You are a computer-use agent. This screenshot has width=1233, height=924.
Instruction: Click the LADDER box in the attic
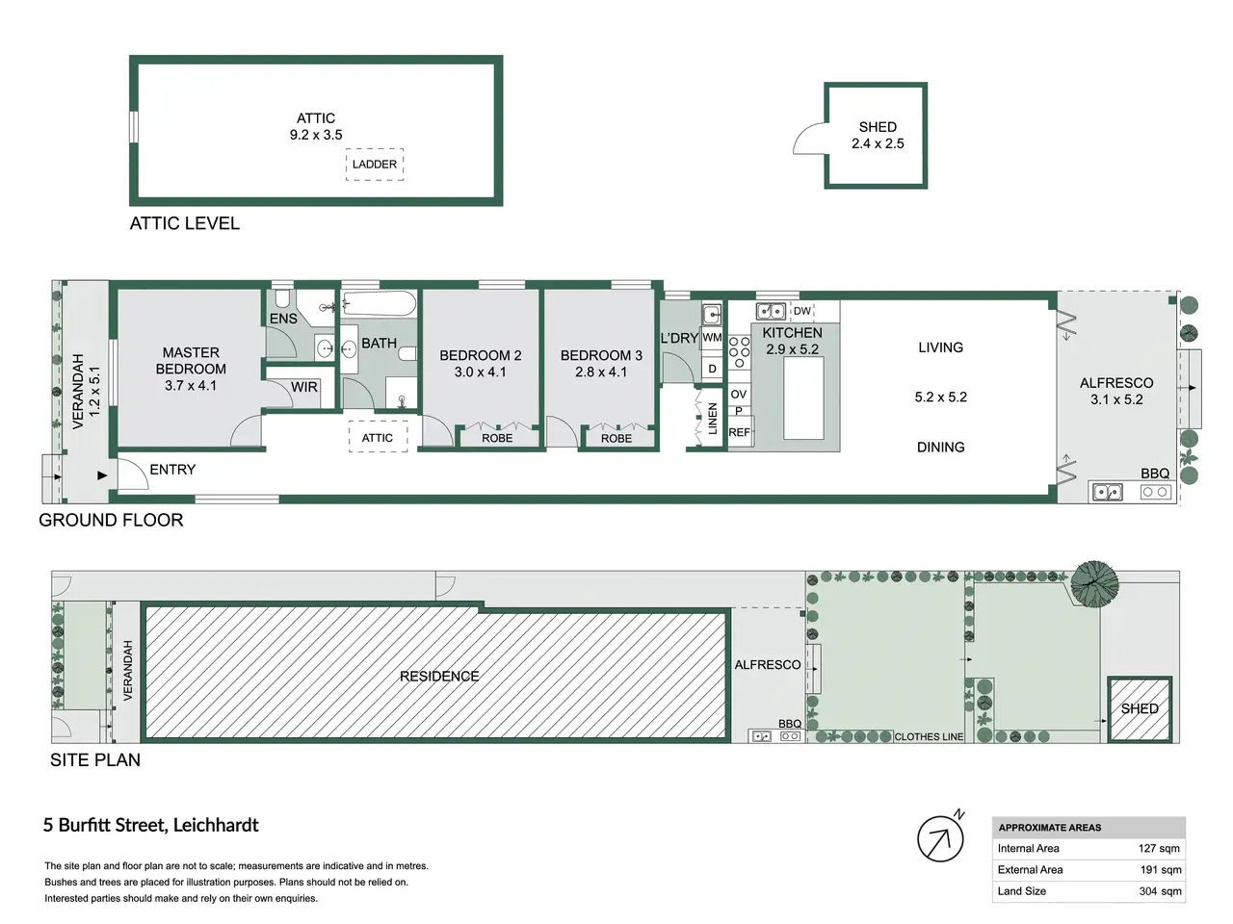pyautogui.click(x=374, y=165)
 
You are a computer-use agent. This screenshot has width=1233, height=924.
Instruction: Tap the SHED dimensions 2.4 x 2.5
pyautogui.click(x=878, y=143)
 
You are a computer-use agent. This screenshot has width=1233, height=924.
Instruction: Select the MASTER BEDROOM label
pyautogui.click(x=191, y=361)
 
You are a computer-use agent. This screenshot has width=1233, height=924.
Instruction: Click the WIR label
pyautogui.click(x=303, y=387)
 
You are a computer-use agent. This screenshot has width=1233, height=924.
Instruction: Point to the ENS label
pyautogui.click(x=283, y=319)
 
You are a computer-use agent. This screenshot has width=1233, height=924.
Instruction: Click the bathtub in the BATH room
pyautogui.click(x=380, y=305)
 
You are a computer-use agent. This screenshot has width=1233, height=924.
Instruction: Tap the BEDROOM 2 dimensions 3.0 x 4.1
pyautogui.click(x=481, y=372)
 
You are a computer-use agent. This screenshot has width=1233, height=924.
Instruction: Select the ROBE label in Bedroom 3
pyautogui.click(x=616, y=438)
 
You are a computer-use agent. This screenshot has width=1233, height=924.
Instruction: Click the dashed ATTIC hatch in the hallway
pyautogui.click(x=378, y=437)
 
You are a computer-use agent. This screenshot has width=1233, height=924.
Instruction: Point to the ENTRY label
pyautogui.click(x=172, y=469)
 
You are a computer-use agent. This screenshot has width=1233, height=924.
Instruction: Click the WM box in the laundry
pyautogui.click(x=712, y=338)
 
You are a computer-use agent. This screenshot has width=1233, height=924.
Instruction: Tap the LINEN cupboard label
pyautogui.click(x=712, y=418)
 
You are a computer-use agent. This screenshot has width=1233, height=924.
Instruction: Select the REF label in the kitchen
pyautogui.click(x=739, y=432)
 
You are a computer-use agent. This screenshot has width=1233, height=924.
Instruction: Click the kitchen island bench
pyautogui.click(x=803, y=398)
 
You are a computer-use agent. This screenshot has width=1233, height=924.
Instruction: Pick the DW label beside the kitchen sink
pyautogui.click(x=802, y=311)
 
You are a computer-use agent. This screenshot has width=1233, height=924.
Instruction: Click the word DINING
pyautogui.click(x=940, y=448)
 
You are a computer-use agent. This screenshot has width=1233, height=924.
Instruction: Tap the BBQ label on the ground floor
pyautogui.click(x=1155, y=474)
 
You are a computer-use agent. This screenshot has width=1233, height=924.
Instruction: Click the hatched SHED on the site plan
pyautogui.click(x=1140, y=709)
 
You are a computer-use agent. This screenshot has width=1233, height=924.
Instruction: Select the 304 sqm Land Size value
pyautogui.click(x=1160, y=891)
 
